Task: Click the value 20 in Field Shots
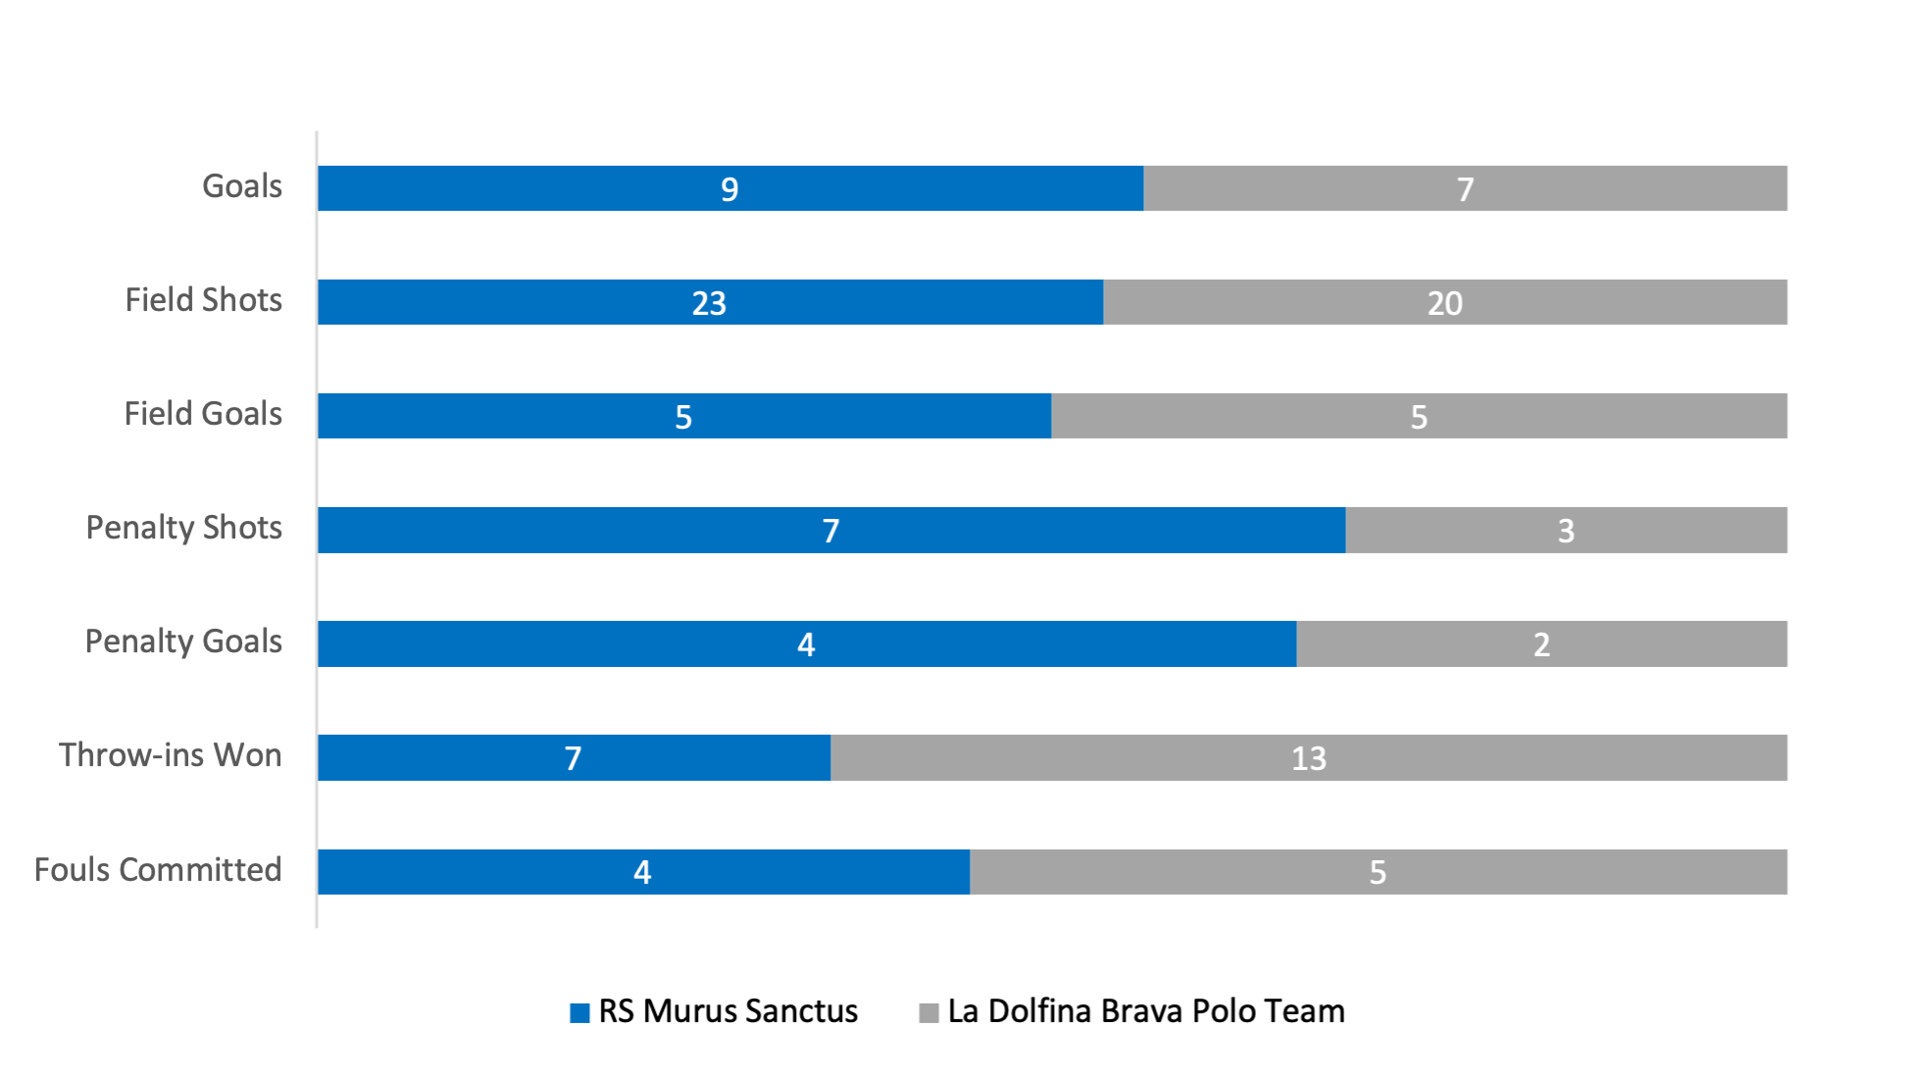click(1444, 303)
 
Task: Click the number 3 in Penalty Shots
click(1566, 531)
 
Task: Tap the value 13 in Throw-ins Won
click(1308, 758)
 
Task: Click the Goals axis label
click(242, 186)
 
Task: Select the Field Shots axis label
click(203, 300)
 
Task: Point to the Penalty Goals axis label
click(183, 642)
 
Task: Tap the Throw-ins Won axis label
click(171, 755)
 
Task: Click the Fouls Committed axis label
click(158, 869)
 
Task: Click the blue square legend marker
click(579, 1012)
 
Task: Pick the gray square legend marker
click(928, 1012)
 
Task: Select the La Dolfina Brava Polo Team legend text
click(1146, 1011)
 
